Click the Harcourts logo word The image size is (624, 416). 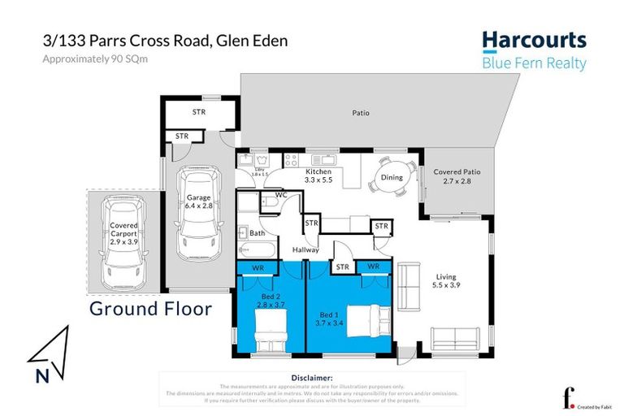click(x=534, y=41)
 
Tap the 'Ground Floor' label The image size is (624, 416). click(x=150, y=308)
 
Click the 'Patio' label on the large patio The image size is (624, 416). click(x=360, y=113)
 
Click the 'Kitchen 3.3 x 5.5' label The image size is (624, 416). click(x=318, y=176)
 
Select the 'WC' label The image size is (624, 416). click(x=281, y=196)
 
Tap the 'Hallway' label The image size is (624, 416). click(x=305, y=249)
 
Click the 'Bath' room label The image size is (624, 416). click(x=258, y=233)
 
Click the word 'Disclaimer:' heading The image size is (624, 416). click(x=311, y=378)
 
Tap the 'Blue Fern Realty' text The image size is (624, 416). click(x=534, y=63)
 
